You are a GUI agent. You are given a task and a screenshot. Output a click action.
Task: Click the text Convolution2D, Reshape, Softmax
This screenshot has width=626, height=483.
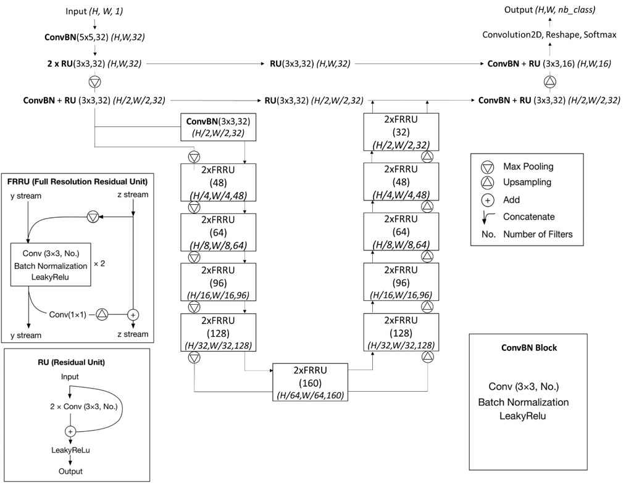(549, 35)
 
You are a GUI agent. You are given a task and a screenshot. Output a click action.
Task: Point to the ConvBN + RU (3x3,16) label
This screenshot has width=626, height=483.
(549, 64)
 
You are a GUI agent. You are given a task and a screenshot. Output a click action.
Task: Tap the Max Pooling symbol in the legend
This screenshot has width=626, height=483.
(488, 167)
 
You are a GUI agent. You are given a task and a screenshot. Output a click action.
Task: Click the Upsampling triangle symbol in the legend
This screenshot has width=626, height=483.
(488, 183)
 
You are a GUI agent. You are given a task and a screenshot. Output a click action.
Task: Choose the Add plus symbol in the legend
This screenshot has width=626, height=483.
(488, 200)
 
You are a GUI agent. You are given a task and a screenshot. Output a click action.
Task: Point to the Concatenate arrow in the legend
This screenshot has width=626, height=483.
(488, 217)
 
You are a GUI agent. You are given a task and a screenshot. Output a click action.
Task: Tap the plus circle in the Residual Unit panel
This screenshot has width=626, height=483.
(70, 431)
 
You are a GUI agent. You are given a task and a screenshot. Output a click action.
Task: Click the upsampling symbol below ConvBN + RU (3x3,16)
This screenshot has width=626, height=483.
(549, 81)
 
